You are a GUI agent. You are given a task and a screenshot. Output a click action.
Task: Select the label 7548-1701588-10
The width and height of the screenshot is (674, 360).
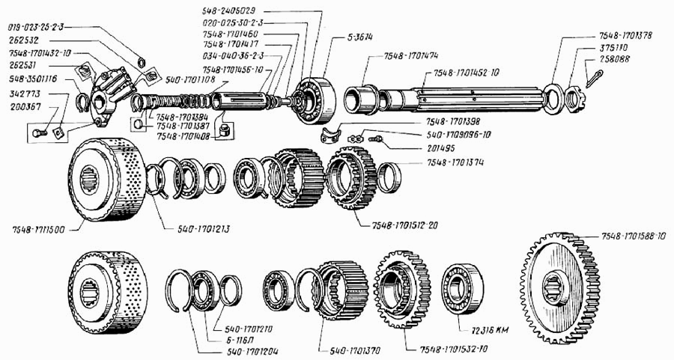[632, 237]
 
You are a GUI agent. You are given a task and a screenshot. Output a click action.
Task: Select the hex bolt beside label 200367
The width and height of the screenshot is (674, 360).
[42, 133]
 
